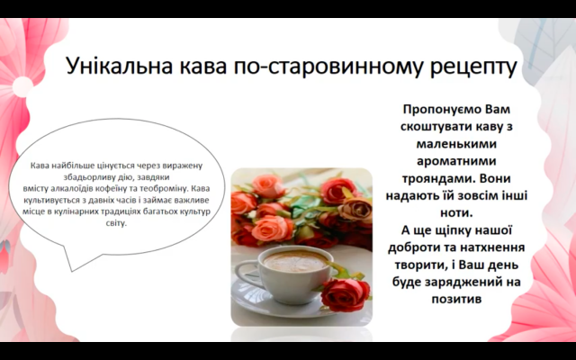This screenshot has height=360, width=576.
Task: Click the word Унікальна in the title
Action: tap(120, 66)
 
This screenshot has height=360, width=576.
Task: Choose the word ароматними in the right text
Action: tap(456, 161)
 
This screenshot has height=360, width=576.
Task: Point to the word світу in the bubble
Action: tap(116, 223)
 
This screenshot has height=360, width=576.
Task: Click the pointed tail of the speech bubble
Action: tap(72, 271)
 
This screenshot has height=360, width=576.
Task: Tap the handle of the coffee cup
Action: tap(245, 273)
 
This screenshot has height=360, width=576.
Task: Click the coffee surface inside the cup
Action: tap(295, 260)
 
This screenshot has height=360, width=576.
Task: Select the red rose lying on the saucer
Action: tap(346, 294)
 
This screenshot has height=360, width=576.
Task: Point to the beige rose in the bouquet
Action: tap(355, 210)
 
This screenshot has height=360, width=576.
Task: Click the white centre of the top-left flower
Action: tap(22, 86)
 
